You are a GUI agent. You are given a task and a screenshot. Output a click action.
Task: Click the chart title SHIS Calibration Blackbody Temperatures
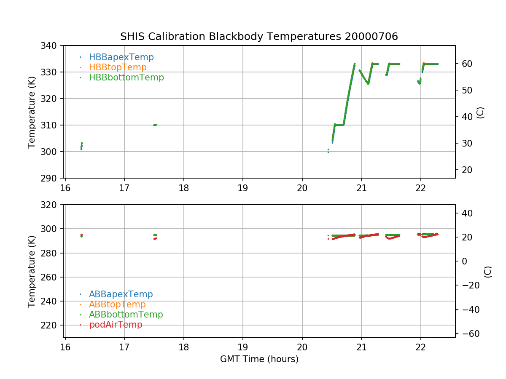tap(259, 37)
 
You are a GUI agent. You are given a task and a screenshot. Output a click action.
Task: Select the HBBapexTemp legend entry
tap(121, 57)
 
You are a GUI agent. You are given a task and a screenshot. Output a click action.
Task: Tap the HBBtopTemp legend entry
tap(118, 67)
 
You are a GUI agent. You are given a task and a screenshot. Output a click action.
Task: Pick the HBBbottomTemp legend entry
tap(126, 77)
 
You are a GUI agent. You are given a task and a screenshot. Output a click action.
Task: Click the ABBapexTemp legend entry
tap(121, 294)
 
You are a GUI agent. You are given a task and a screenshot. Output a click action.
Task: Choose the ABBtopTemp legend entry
tap(117, 304)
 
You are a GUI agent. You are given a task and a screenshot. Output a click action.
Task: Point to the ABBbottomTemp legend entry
tap(126, 315)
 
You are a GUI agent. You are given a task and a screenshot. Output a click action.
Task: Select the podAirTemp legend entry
tap(116, 325)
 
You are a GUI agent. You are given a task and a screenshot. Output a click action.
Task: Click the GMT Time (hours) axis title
tap(259, 359)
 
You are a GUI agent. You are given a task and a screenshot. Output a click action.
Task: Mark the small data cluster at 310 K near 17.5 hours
tap(155, 125)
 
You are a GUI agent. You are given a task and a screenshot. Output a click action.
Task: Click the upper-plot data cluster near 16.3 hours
tap(81, 146)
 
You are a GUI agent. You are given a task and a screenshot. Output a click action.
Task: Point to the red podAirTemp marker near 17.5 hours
tap(155, 239)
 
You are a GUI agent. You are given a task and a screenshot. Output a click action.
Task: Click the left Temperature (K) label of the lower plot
tap(32, 271)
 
